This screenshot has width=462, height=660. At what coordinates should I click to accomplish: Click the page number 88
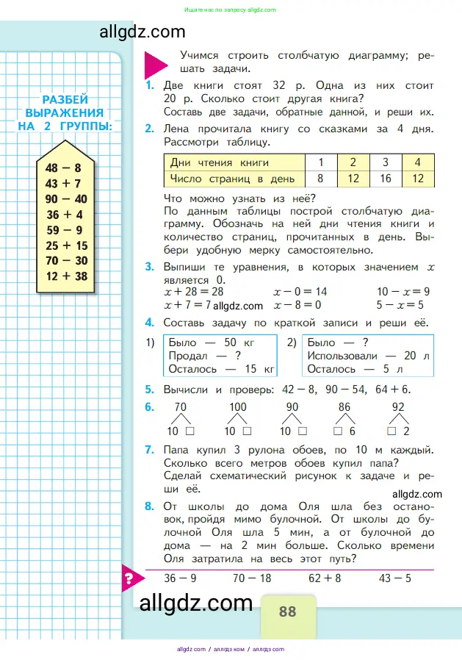click(x=287, y=611)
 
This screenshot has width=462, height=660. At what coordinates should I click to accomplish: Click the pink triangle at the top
click(x=156, y=65)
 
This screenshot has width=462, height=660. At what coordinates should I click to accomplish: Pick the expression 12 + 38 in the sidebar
click(x=67, y=276)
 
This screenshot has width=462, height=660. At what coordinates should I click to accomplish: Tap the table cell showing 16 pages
click(x=385, y=178)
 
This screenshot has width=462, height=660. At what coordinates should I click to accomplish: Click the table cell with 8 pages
click(x=320, y=178)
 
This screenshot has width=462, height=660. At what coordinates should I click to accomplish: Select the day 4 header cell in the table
click(x=417, y=162)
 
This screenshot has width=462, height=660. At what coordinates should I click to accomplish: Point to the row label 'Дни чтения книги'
click(x=219, y=162)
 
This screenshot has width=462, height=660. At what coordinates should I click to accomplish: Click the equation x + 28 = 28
click(x=194, y=292)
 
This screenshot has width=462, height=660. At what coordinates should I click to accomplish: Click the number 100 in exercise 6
click(x=238, y=406)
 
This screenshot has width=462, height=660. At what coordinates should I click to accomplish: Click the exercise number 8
click(x=149, y=506)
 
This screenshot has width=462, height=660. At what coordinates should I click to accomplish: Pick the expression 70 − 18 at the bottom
click(x=252, y=578)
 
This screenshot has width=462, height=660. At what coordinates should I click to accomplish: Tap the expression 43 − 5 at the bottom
click(x=394, y=578)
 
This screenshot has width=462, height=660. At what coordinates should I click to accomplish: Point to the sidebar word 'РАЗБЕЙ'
click(x=65, y=100)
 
